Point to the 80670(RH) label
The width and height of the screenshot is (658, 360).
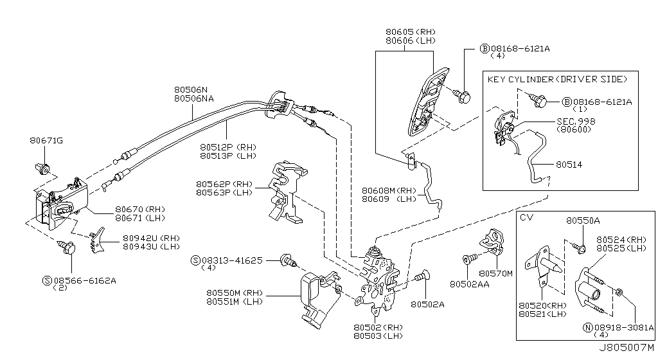pyautogui.click(x=139, y=209)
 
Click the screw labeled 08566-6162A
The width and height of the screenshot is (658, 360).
pyautogui.click(x=66, y=246)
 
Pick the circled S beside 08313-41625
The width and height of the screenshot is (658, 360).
pyautogui.click(x=195, y=260)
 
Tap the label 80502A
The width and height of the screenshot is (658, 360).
pyautogui.click(x=427, y=304)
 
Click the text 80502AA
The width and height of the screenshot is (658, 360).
pyautogui.click(x=470, y=283)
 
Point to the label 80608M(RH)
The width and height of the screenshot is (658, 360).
pyautogui.click(x=390, y=190)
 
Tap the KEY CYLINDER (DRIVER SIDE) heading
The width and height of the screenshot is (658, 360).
pyautogui.click(x=556, y=79)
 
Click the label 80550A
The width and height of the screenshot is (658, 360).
pyautogui.click(x=583, y=221)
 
